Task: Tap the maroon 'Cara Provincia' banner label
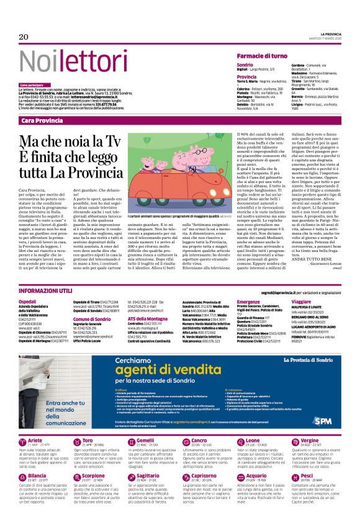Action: (42, 120)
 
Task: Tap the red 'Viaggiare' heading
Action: (302, 301)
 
